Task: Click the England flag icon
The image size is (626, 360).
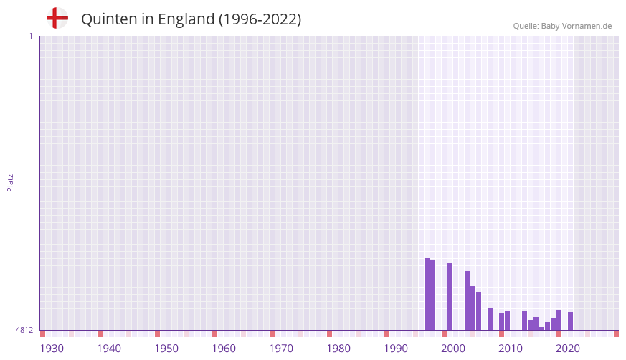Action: (x=57, y=19)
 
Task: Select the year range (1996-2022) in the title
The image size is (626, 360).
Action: (x=260, y=19)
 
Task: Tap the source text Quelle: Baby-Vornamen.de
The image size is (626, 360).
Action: (x=562, y=26)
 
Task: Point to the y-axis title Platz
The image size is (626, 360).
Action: (x=10, y=182)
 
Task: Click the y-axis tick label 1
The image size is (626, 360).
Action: (x=30, y=36)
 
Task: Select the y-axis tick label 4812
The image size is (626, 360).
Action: (x=24, y=330)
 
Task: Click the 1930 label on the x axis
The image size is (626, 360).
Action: (x=52, y=349)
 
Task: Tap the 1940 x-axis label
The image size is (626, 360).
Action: (x=109, y=349)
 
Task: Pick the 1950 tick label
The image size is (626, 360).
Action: (x=166, y=349)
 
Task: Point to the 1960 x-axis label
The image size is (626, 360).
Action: (x=224, y=349)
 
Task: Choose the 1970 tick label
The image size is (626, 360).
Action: (x=281, y=349)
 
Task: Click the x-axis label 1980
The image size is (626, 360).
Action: (x=338, y=349)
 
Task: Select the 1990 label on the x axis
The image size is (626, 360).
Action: (x=396, y=349)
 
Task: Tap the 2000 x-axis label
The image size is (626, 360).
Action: (x=453, y=349)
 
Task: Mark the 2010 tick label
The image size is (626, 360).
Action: (x=511, y=349)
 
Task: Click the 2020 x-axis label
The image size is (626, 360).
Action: (x=568, y=349)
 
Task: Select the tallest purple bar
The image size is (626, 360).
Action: (x=427, y=294)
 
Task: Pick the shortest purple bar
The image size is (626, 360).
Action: (x=541, y=328)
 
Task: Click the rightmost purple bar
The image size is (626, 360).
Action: (x=570, y=321)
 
